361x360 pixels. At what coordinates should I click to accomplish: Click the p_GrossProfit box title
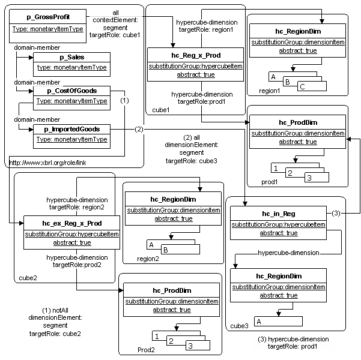click(48, 17)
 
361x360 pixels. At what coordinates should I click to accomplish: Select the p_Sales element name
click(72, 57)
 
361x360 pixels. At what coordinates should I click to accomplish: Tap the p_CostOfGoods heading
click(72, 91)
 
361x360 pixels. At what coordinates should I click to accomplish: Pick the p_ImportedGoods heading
click(72, 129)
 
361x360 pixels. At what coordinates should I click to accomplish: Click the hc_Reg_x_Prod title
click(196, 55)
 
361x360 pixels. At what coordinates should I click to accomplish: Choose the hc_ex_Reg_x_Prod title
click(72, 223)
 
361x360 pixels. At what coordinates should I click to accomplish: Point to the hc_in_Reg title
click(279, 214)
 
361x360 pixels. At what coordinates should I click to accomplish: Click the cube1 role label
click(161, 110)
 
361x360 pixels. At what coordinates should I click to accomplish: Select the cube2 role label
click(28, 278)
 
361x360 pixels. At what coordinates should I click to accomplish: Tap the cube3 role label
click(240, 326)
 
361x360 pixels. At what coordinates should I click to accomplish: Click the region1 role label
click(269, 91)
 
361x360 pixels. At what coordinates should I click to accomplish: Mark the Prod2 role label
click(146, 350)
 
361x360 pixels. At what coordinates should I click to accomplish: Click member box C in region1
click(312, 86)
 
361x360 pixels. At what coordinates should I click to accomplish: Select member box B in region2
click(180, 250)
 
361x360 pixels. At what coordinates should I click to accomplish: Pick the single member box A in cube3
click(278, 322)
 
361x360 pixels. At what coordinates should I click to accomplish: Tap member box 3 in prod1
click(317, 178)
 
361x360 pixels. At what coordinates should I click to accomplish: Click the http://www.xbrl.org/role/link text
click(47, 163)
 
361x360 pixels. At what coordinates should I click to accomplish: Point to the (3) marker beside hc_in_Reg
click(336, 213)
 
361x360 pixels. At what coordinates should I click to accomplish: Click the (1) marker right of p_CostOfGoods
click(124, 101)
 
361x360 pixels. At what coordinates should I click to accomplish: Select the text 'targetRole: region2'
click(77, 207)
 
